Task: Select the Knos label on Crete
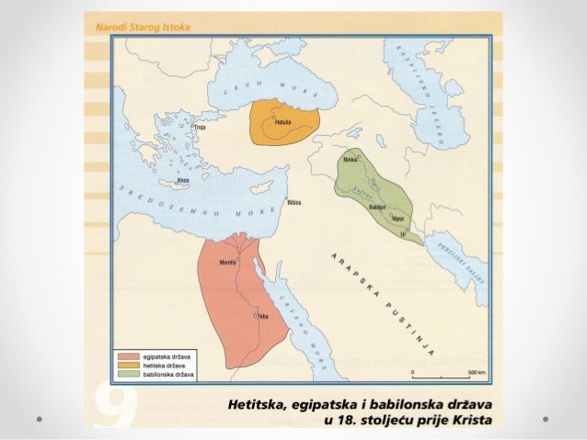[183, 181]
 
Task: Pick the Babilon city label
[375, 208]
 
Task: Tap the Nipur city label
[397, 220]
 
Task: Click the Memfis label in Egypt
[227, 264]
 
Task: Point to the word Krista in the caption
[468, 421]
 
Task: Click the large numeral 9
[114, 401]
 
